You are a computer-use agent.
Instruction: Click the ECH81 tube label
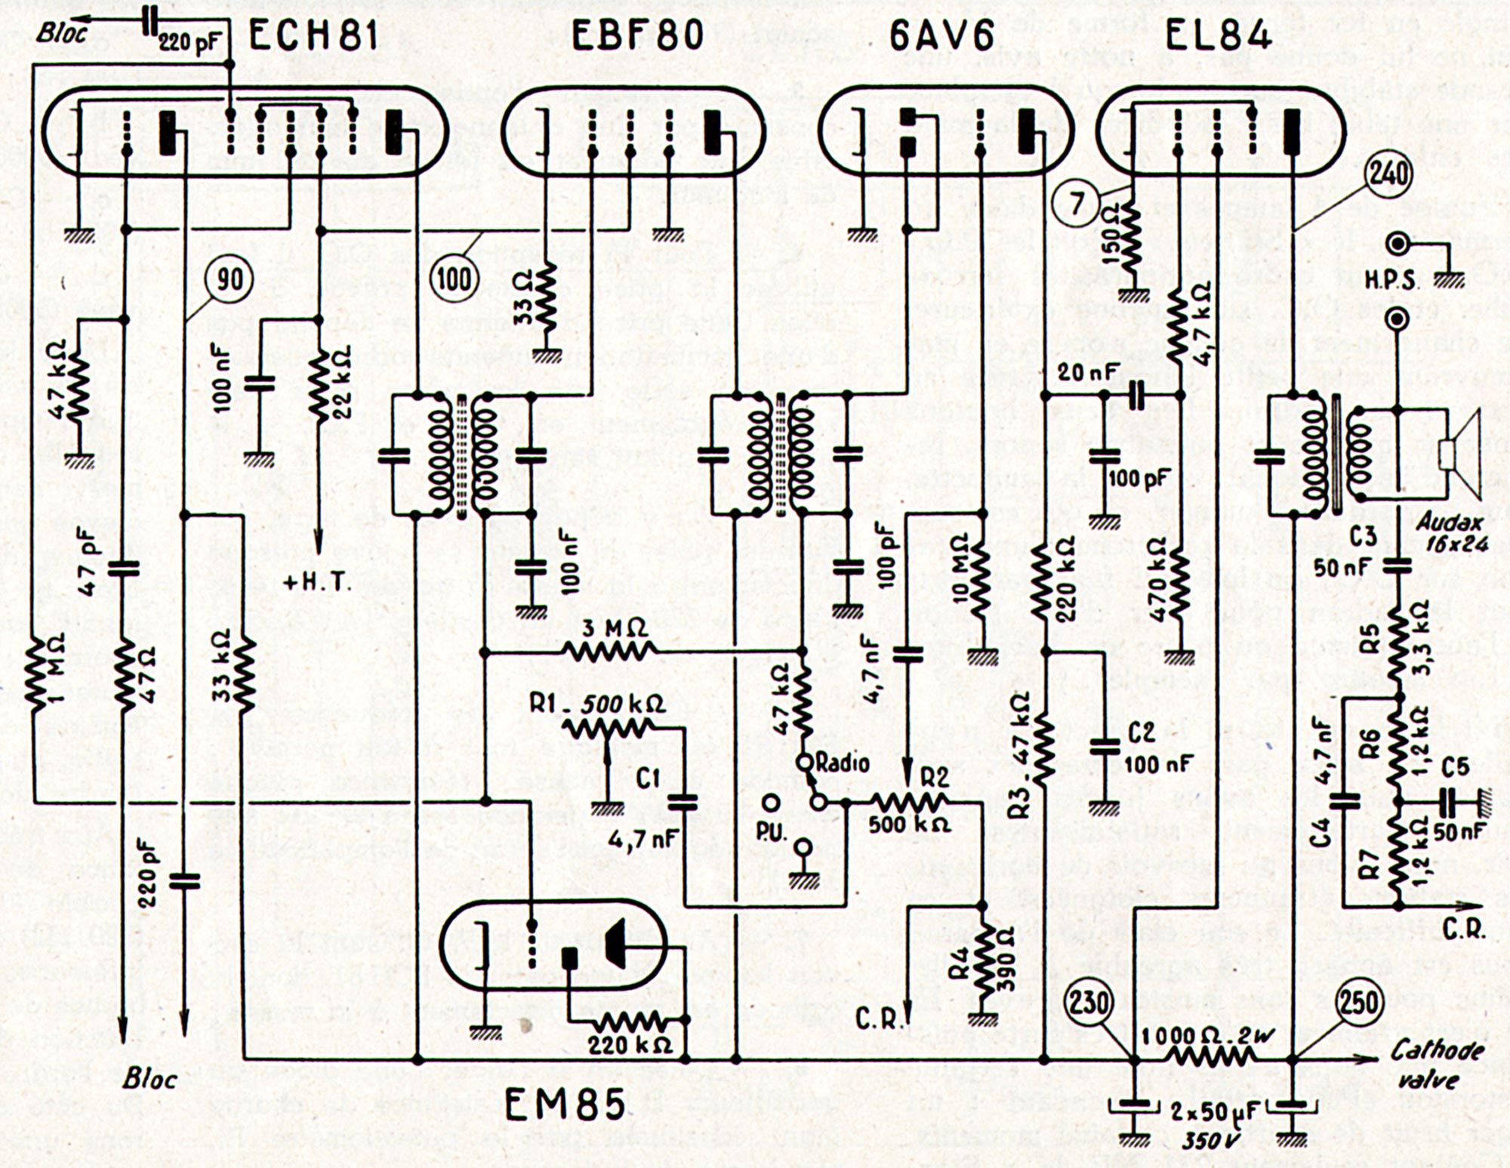click(x=313, y=35)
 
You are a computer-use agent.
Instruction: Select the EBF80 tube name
click(x=638, y=35)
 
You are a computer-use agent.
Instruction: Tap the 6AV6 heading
click(x=941, y=35)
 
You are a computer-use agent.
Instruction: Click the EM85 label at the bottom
click(x=565, y=1105)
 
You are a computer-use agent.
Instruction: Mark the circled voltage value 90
click(x=230, y=280)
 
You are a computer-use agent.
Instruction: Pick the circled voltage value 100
click(x=454, y=279)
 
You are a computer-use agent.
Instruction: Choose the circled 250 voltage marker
click(x=1359, y=1003)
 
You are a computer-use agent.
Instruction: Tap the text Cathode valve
click(x=1427, y=1063)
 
